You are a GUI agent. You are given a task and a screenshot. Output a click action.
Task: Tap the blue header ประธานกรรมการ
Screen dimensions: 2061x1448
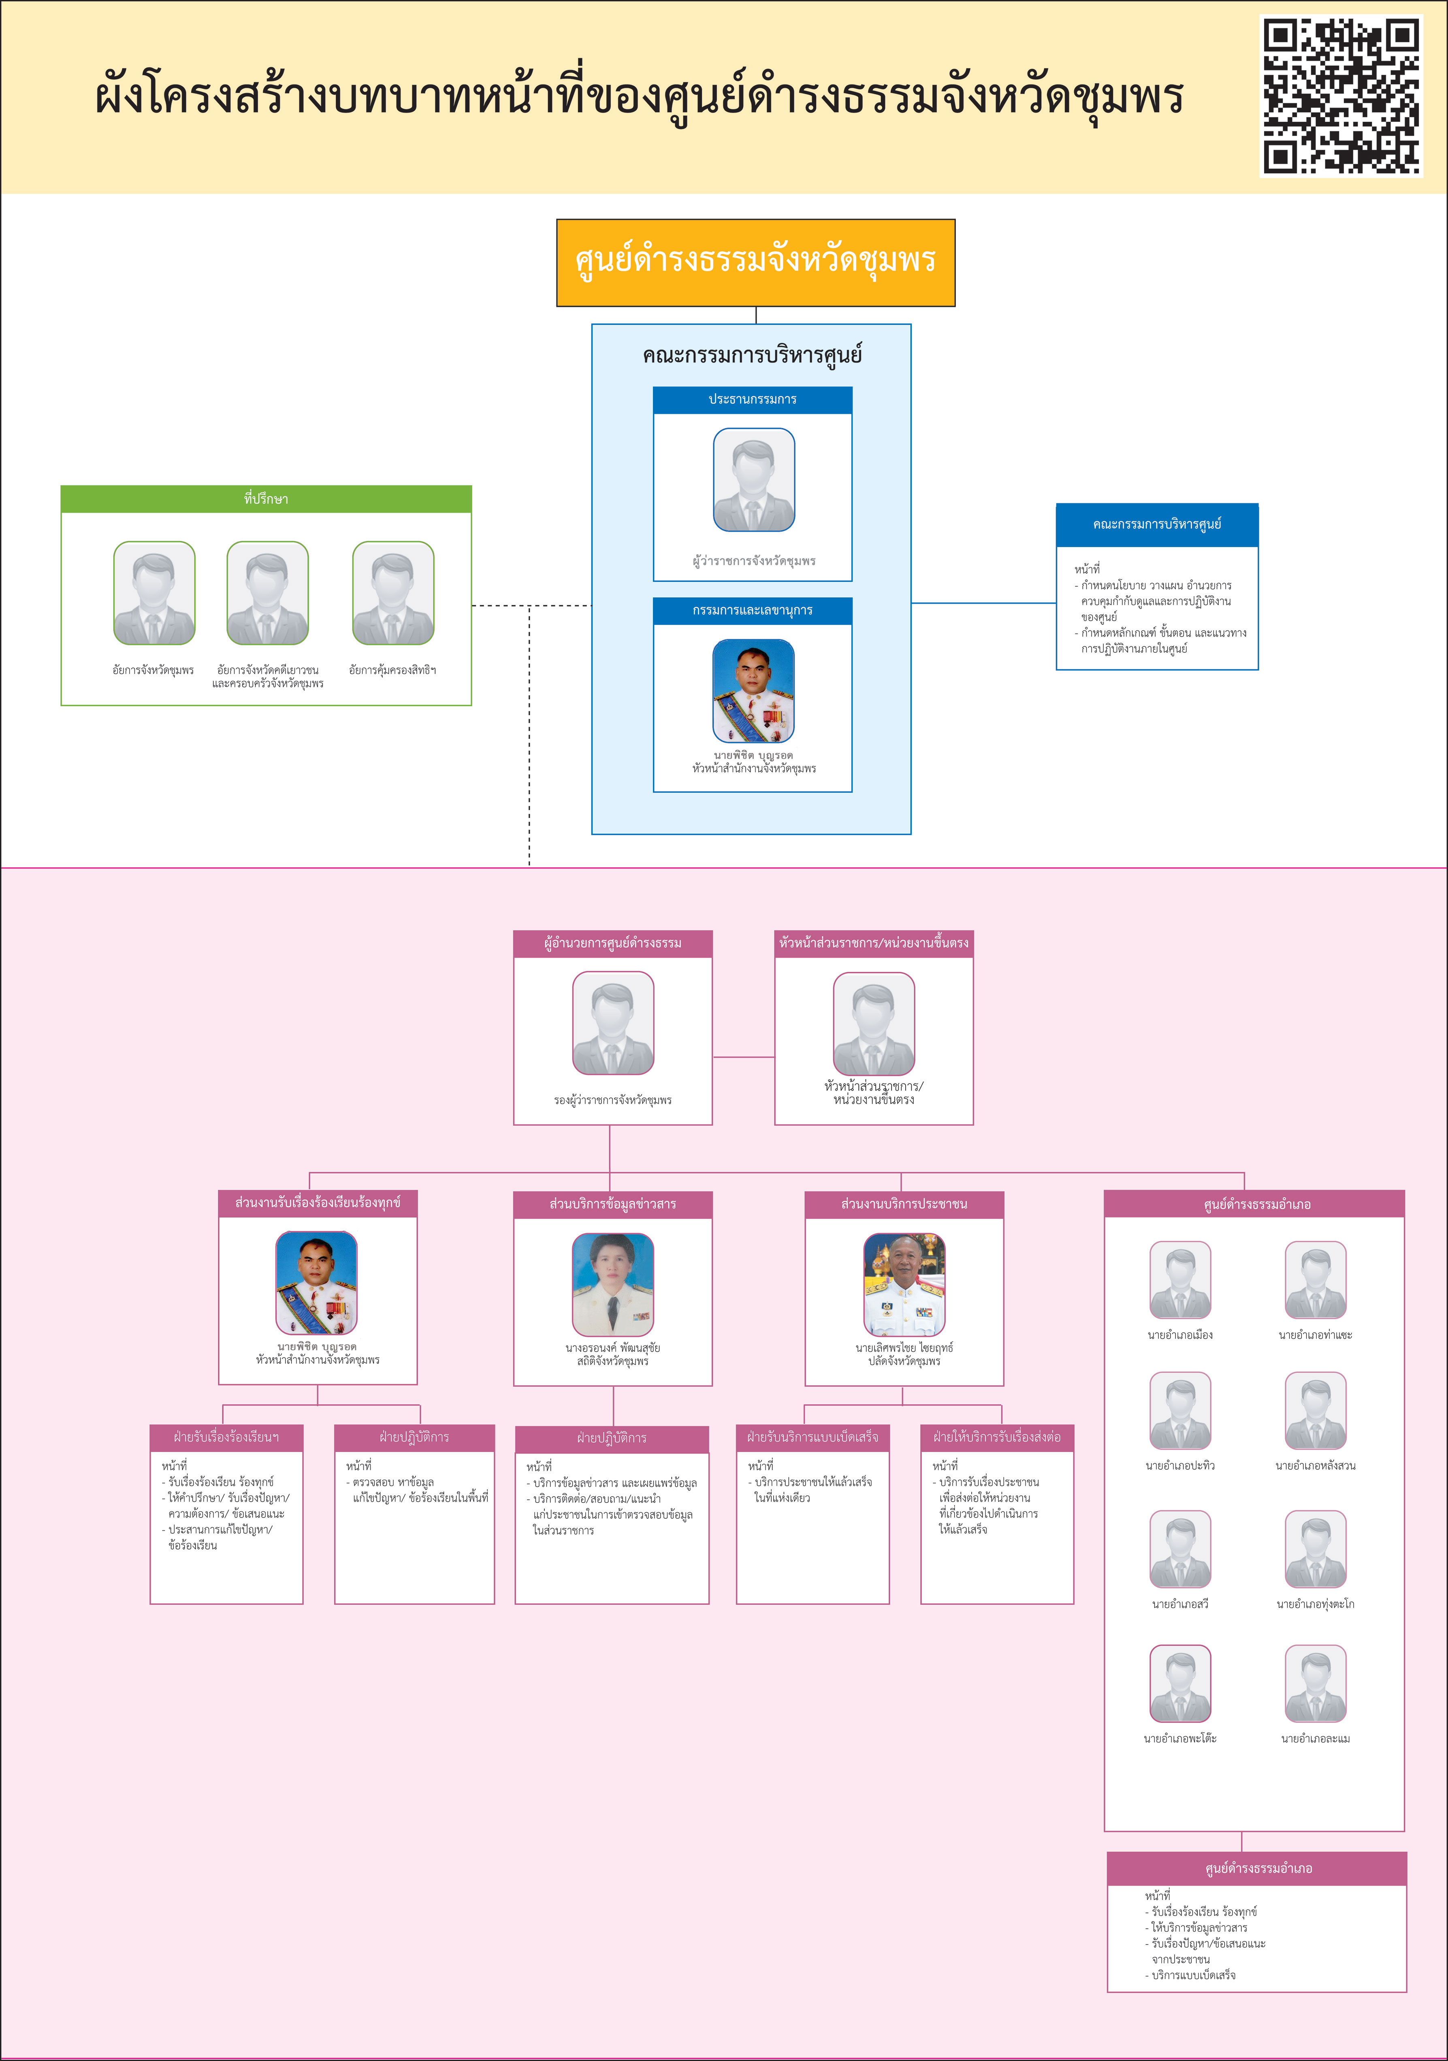(752, 400)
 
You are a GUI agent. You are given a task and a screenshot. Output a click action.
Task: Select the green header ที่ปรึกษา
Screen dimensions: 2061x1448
(266, 499)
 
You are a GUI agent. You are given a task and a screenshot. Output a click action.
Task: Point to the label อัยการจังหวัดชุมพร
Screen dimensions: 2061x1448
(154, 670)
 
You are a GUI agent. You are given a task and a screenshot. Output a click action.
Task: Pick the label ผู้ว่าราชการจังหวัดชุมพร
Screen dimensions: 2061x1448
(753, 561)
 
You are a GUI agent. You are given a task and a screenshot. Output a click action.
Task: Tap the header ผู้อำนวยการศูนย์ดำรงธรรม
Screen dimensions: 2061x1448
(612, 943)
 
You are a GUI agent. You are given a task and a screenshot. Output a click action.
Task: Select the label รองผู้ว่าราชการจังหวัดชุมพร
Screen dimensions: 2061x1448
(612, 1100)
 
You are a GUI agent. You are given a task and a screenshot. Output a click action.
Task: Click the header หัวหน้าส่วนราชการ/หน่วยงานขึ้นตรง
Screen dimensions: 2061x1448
(874, 943)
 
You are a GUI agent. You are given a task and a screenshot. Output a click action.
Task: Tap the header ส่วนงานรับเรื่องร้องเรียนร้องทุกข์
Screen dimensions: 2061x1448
(318, 1203)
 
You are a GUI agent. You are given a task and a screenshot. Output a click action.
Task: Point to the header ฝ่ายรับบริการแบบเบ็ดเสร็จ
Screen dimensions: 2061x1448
(813, 1437)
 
